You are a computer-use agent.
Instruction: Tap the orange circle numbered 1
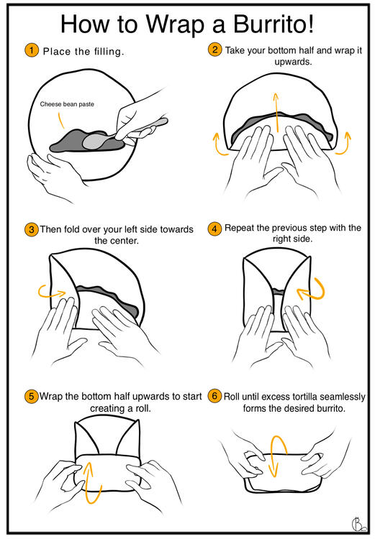tap(32, 50)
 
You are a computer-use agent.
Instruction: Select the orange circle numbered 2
tap(214, 50)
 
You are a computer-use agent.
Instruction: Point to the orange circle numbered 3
tap(32, 229)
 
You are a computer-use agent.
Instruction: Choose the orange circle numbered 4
tap(214, 229)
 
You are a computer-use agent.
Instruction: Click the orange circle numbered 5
tap(32, 396)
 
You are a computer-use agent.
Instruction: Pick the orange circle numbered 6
tap(214, 396)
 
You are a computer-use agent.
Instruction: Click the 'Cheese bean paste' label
tap(67, 104)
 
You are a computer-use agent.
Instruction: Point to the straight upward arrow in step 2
tap(276, 112)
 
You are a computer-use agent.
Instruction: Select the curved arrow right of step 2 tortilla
tap(344, 144)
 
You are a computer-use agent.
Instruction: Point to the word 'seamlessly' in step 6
tap(343, 397)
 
